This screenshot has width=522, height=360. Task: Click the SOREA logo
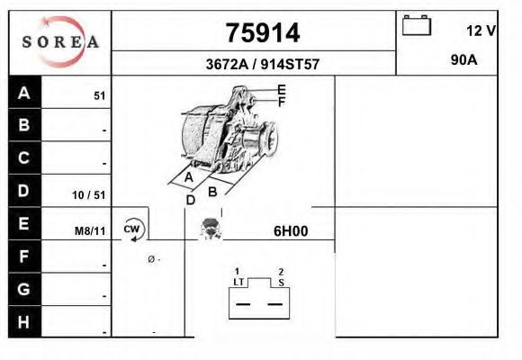coord(60,41)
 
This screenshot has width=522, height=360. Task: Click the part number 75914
coord(263,33)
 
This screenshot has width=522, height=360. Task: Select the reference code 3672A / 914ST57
coord(263,64)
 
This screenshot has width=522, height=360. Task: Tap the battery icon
coord(417,25)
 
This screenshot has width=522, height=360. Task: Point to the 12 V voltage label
coord(481,31)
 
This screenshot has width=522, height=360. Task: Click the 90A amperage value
coord(464,60)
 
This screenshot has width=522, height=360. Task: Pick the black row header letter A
coord(24,93)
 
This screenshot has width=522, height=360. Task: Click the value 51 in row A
coord(100,96)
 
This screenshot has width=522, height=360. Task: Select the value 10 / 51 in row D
coord(89,194)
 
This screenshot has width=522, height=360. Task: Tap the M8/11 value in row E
coord(90,230)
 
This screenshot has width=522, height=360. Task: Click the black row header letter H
coord(23,322)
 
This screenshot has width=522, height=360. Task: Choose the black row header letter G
coord(23,289)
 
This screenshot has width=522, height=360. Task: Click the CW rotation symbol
coord(133,229)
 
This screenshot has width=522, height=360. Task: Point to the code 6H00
coord(291,230)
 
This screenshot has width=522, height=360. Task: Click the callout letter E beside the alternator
coord(282,90)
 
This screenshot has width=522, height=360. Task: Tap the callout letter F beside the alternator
coord(282,102)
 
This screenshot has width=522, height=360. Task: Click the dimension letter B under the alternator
coord(212,192)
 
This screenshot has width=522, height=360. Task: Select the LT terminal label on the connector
coord(238,282)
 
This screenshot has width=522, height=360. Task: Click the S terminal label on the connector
coord(282,283)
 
